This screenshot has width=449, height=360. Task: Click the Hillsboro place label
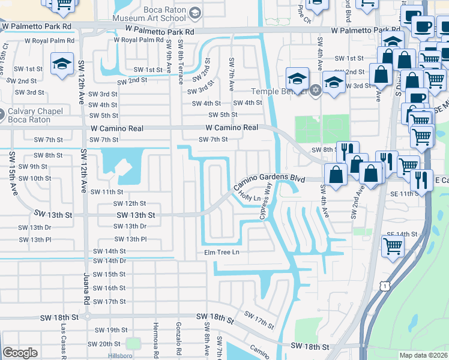point(107,355)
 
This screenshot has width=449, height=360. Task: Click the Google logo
point(20,353)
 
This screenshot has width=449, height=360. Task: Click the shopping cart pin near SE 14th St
point(393,244)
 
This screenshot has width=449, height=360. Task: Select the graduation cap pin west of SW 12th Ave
point(62,62)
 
